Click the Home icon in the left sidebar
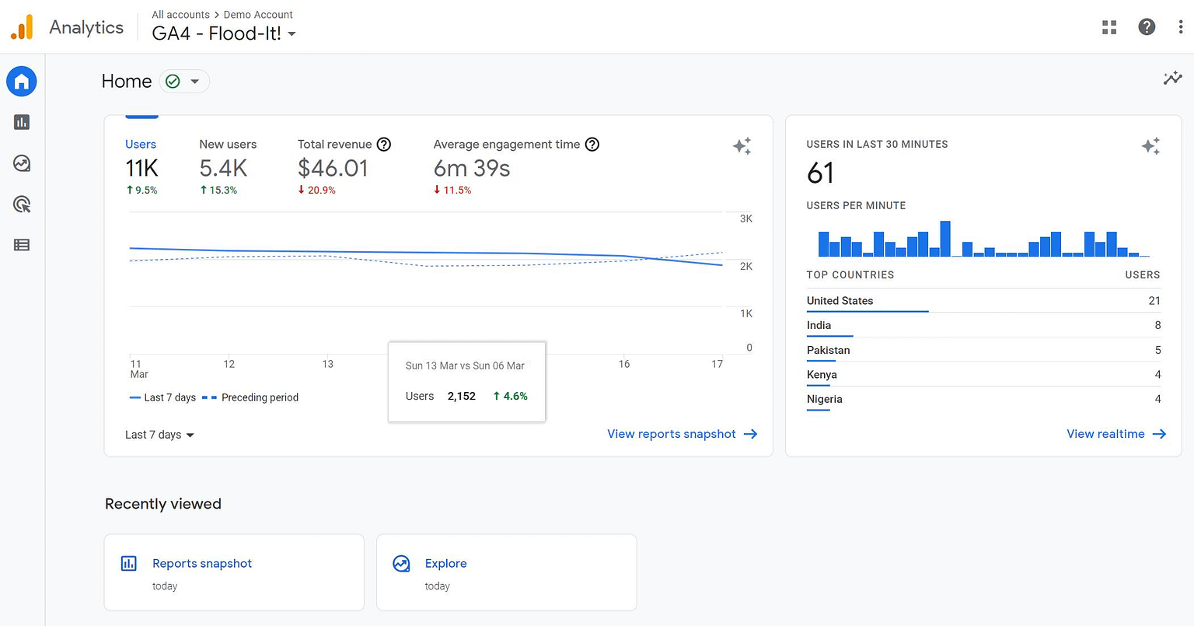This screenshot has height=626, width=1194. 22,82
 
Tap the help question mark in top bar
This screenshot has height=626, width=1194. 1146,27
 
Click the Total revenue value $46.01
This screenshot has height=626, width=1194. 333,168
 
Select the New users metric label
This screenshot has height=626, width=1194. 228,145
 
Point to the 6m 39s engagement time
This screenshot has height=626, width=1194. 472,168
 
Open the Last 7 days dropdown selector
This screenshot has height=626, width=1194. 159,435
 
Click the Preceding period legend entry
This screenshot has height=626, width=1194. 260,397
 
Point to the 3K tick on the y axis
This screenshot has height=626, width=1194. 746,219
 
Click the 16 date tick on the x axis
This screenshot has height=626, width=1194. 624,364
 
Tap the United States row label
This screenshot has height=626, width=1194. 840,301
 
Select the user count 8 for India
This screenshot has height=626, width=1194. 1157,325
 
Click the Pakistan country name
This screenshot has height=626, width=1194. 828,350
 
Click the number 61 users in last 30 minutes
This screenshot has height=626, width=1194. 821,173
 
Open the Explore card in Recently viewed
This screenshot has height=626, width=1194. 445,564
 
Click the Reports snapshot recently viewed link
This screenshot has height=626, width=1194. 202,564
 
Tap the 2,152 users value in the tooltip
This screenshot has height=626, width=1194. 461,396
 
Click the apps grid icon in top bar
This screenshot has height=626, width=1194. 1109,27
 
